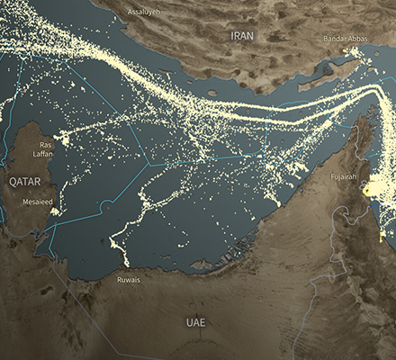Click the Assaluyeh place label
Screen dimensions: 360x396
[x=144, y=12]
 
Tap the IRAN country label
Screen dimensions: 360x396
[x=242, y=36]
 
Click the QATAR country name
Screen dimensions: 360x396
[x=25, y=181]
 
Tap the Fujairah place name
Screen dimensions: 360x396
[x=346, y=175]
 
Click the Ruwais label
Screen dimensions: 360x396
[x=129, y=280]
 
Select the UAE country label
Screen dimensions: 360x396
[x=196, y=321]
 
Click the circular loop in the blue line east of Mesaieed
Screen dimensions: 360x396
[x=107, y=206]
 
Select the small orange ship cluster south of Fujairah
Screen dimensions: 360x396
[x=382, y=236]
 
